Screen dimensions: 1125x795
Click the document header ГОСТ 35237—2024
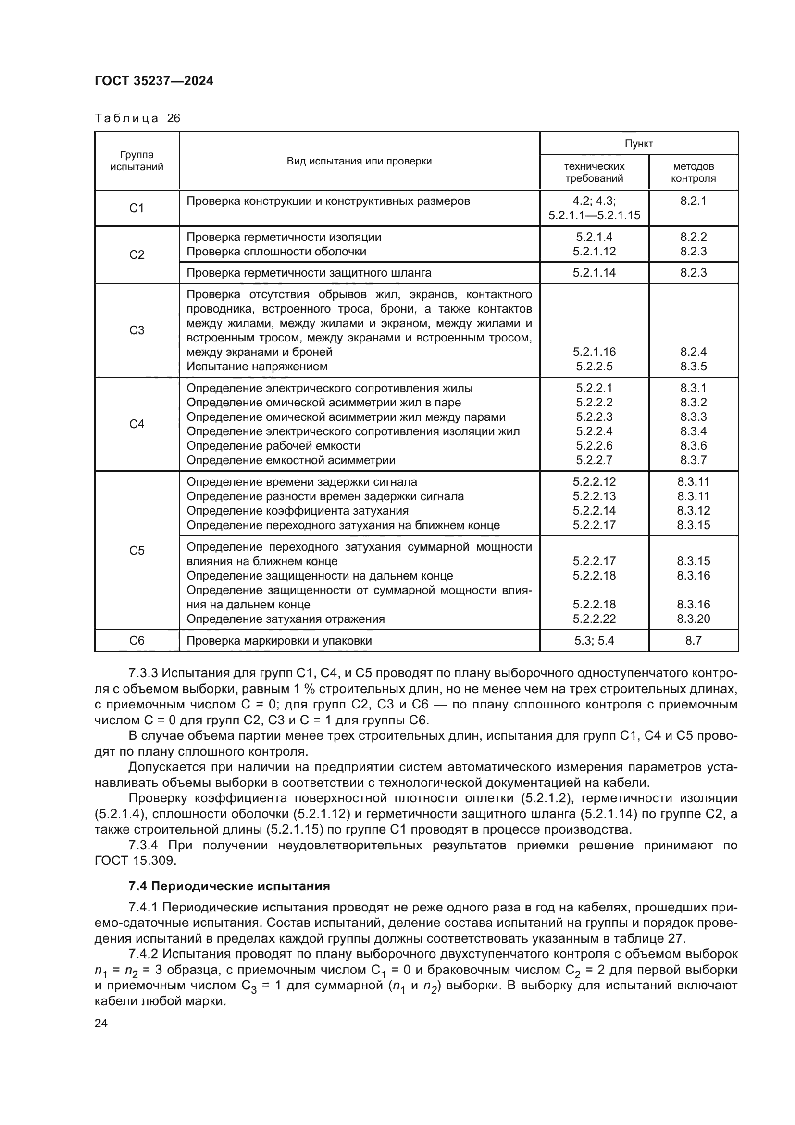point(154,81)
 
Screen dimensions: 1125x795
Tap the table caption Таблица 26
point(137,119)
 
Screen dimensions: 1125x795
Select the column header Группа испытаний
point(137,161)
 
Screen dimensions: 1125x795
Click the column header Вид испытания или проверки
point(359,161)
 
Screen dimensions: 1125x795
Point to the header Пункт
point(638,143)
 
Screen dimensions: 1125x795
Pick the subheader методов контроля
point(693,172)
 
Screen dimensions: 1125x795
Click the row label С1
point(137,208)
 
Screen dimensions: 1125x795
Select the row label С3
point(137,330)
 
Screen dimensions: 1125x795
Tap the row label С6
point(137,640)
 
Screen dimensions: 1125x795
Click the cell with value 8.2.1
point(693,201)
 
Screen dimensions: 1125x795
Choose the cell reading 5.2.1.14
point(594,272)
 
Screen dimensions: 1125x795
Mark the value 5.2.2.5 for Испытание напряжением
point(594,367)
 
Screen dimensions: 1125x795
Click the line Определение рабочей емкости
point(273,446)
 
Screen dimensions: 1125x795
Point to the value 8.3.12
point(693,511)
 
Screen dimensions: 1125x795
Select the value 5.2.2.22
point(594,619)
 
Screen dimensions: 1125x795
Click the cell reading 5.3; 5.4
point(594,640)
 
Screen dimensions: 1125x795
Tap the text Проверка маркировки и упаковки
point(279,640)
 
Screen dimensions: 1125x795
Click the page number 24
point(101,1023)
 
